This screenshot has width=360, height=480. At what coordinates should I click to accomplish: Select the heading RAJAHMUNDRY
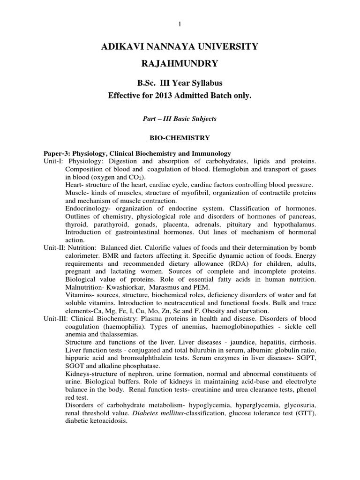pyautogui.click(x=180, y=63)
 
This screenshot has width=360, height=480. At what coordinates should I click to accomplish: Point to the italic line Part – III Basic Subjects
pyautogui.click(x=180, y=119)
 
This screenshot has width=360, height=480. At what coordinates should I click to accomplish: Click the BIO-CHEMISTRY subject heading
pyautogui.click(x=180, y=138)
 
